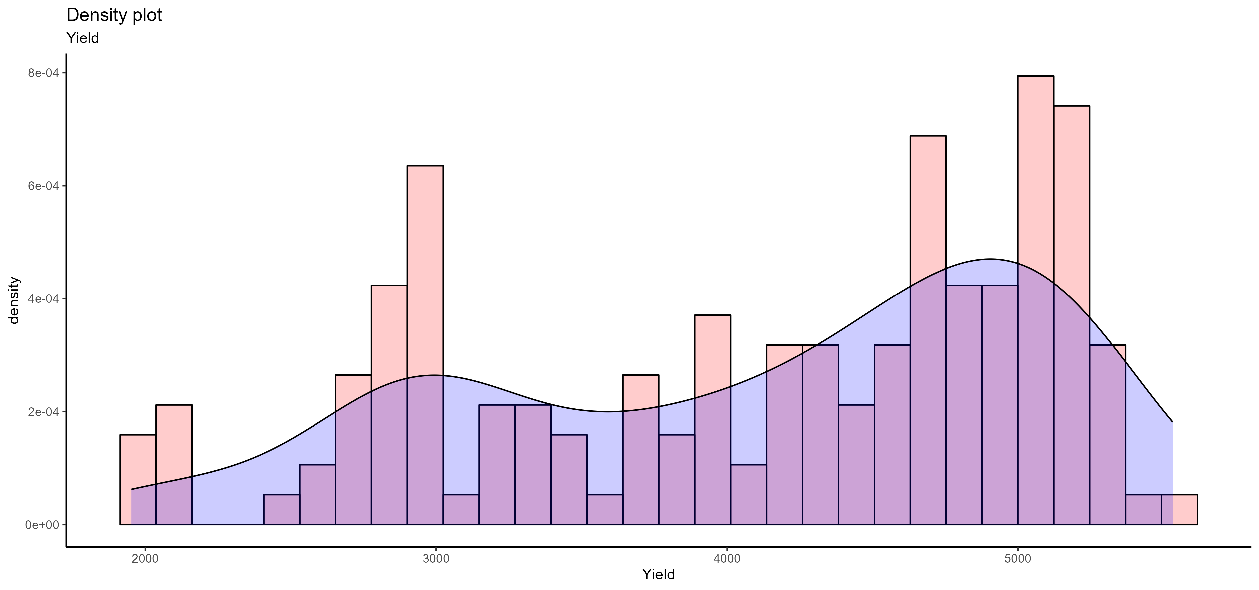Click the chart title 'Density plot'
pyautogui.click(x=114, y=15)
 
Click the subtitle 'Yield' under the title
pyautogui.click(x=83, y=38)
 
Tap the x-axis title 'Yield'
pyautogui.click(x=658, y=574)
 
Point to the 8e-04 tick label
pyautogui.click(x=43, y=73)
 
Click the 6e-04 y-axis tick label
pyautogui.click(x=43, y=186)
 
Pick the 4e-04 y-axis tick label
pyautogui.click(x=43, y=299)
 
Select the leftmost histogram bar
pyautogui.click(x=138, y=479)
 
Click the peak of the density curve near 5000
pyautogui.click(x=990, y=259)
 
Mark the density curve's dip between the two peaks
pyautogui.click(x=606, y=411)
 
